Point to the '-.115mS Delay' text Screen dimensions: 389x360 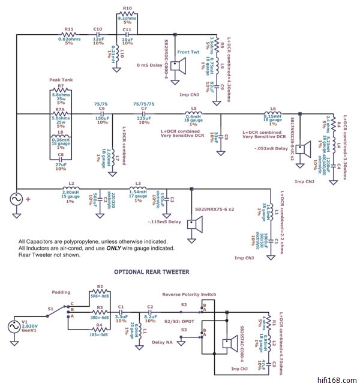(164, 222)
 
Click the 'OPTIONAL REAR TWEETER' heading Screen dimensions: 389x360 (151, 271)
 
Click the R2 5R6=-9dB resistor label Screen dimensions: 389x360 (101, 291)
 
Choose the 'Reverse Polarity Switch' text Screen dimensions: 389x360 (189, 294)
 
